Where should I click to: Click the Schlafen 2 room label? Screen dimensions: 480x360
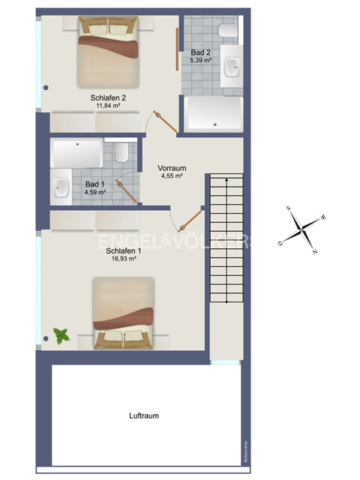pyautogui.click(x=108, y=97)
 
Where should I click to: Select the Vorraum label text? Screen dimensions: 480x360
pyautogui.click(x=172, y=168)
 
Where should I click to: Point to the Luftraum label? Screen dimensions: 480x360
pyautogui.click(x=143, y=415)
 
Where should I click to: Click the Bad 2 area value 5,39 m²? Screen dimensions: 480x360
pyautogui.click(x=200, y=59)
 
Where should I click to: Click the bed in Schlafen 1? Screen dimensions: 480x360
pyautogui.click(x=124, y=312)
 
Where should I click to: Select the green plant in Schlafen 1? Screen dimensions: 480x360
pyautogui.click(x=61, y=335)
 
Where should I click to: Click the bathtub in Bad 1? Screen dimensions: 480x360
pyautogui.click(x=77, y=154)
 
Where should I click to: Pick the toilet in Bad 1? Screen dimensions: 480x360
pyautogui.click(x=123, y=154)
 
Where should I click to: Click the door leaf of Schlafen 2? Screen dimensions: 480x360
pyautogui.click(x=166, y=121)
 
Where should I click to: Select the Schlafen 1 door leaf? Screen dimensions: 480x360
pyautogui.click(x=192, y=220)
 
